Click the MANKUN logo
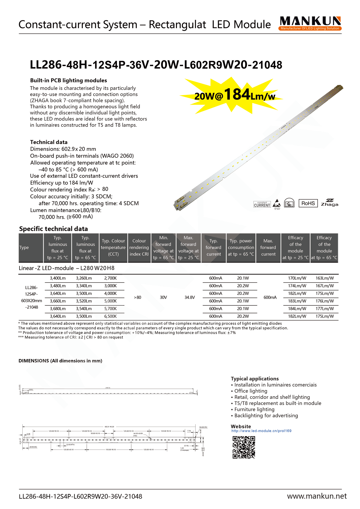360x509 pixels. click(x=310, y=23)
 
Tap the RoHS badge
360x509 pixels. click(x=308, y=203)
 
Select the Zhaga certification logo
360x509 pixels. click(x=330, y=203)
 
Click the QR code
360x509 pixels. click(x=244, y=447)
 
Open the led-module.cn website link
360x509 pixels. click(x=261, y=431)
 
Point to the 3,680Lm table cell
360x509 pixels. click(x=58, y=309)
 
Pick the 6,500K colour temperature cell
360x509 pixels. click(x=110, y=316)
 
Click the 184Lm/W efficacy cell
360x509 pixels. click(x=297, y=309)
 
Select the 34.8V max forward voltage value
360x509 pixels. click(x=190, y=297)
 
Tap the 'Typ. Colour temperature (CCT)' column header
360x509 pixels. click(x=113, y=247)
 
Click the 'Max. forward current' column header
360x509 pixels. click(x=268, y=247)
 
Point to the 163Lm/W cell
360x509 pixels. click(x=325, y=278)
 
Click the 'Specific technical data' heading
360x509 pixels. click(x=53, y=229)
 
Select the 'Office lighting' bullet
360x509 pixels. click(x=251, y=391)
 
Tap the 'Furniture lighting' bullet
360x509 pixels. click(x=254, y=409)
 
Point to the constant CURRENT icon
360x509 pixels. click(x=262, y=204)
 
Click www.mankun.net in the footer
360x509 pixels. click(x=317, y=496)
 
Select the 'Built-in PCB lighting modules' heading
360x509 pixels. click(x=68, y=80)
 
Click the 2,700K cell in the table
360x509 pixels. click(x=110, y=278)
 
